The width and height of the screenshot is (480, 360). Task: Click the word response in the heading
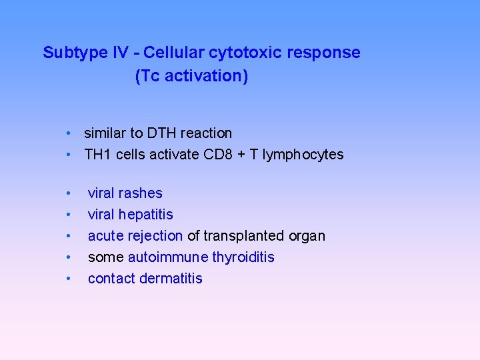click(329, 53)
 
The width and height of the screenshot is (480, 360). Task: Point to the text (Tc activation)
click(191, 76)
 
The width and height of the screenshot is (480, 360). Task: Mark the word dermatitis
click(171, 279)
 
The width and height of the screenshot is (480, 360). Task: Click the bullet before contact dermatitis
click(69, 279)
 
